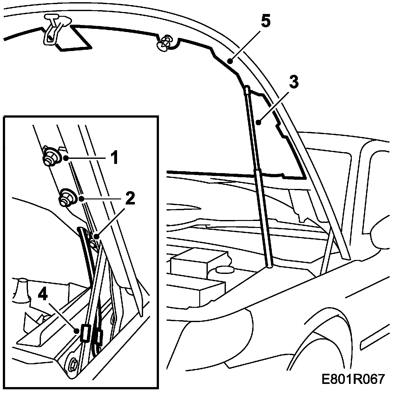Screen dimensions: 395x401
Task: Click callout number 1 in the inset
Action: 114,158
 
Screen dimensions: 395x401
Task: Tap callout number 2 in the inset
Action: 129,199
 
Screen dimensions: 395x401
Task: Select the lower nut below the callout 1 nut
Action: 66,198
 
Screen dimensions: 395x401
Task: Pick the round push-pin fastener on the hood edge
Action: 164,44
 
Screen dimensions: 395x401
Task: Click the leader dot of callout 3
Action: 259,121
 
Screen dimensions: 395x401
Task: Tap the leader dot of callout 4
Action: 76,331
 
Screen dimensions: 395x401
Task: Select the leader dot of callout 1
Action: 66,158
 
